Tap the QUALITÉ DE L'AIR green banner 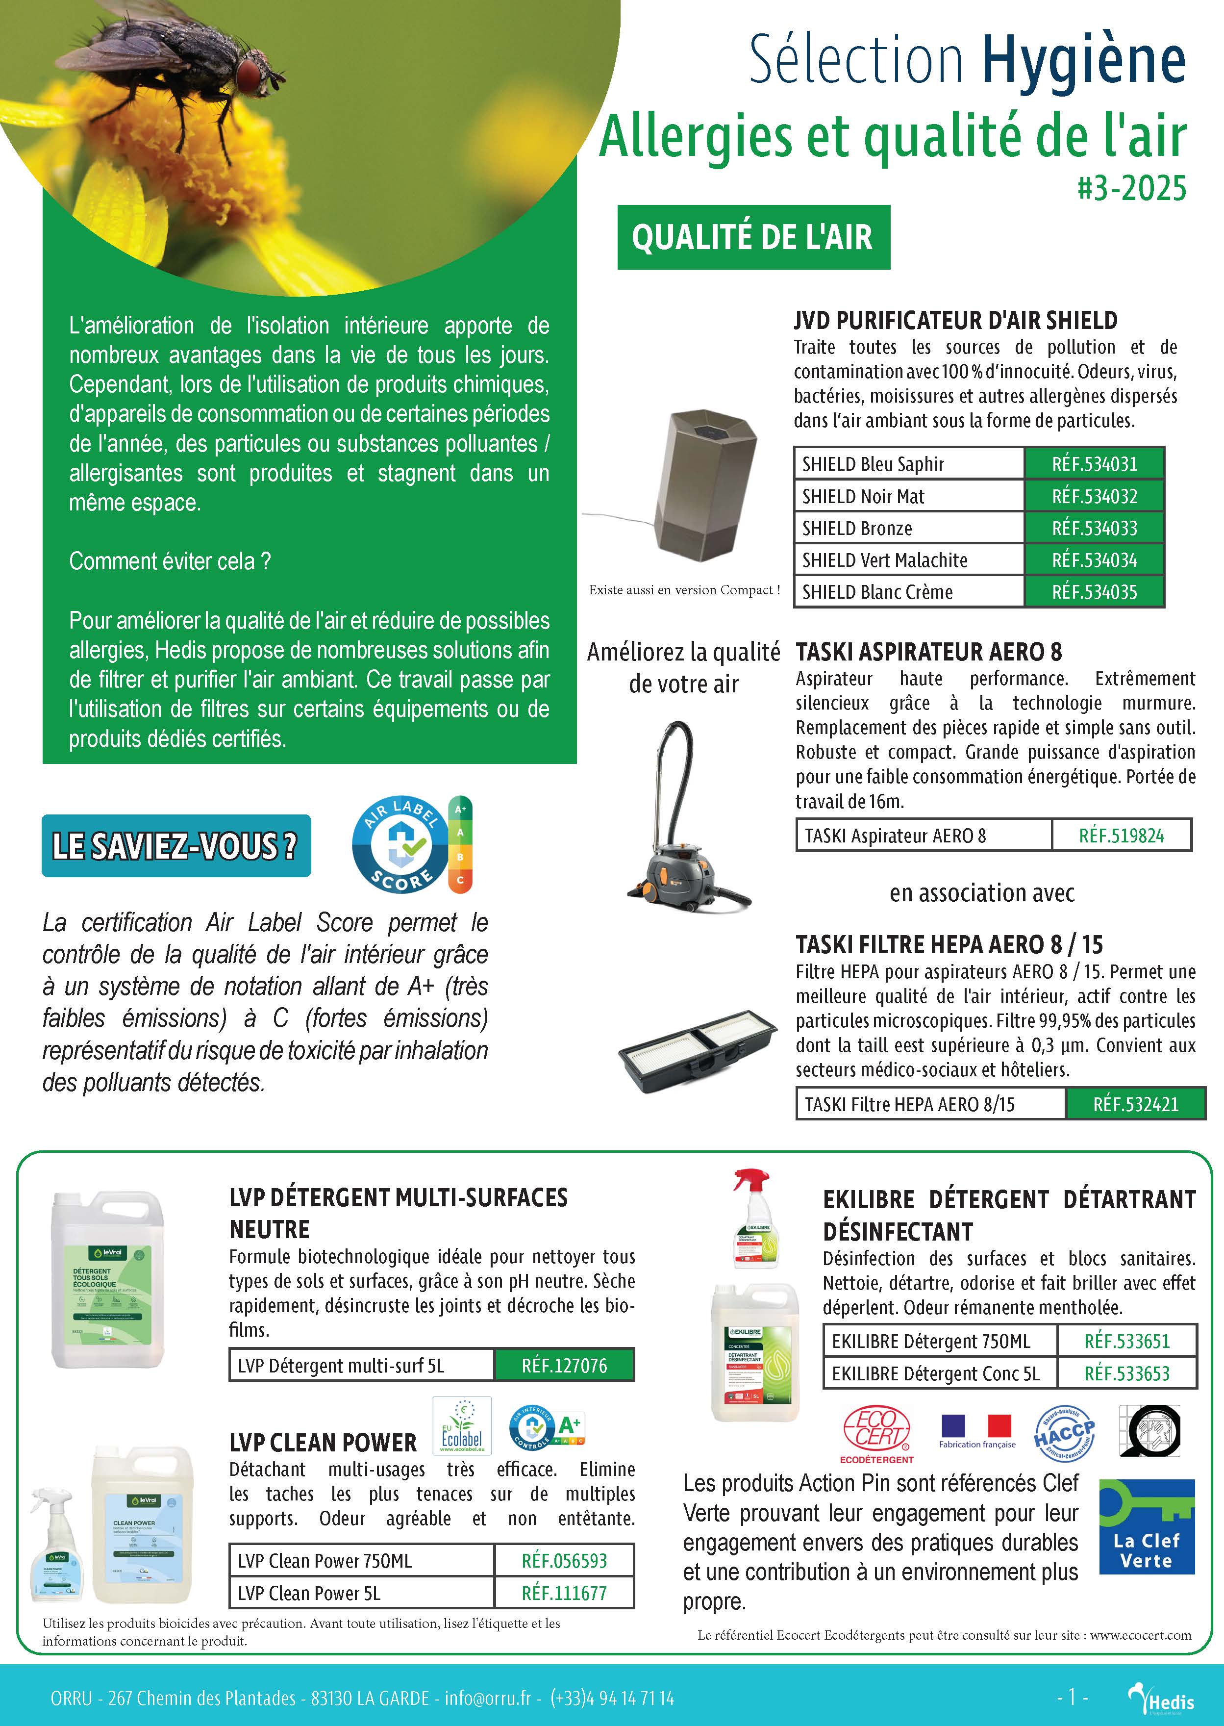pyautogui.click(x=753, y=237)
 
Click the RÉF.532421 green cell pyautogui.click(x=1135, y=1105)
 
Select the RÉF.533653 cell pyautogui.click(x=1127, y=1374)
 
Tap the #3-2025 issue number pyautogui.click(x=1131, y=188)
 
